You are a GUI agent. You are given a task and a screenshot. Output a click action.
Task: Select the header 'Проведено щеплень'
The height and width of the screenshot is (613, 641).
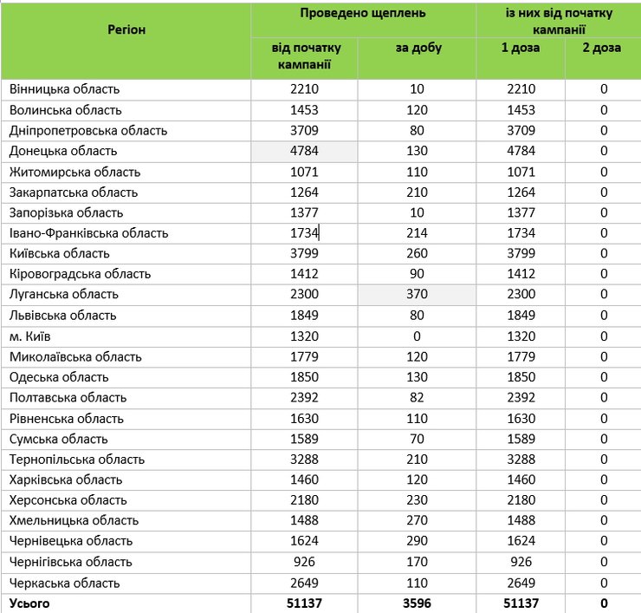[x=363, y=14]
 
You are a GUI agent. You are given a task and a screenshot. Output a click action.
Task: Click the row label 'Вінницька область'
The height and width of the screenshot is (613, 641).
[x=64, y=89]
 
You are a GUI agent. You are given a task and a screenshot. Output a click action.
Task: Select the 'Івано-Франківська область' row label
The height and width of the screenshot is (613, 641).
[x=88, y=233]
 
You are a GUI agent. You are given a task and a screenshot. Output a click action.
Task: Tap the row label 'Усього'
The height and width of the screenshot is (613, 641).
[x=29, y=603]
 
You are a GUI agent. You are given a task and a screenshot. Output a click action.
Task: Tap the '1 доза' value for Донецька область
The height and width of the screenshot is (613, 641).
[x=520, y=151]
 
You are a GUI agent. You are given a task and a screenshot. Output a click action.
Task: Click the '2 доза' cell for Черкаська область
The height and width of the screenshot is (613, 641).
[x=603, y=583]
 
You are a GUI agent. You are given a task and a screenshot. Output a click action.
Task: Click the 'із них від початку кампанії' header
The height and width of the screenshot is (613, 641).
[x=558, y=21]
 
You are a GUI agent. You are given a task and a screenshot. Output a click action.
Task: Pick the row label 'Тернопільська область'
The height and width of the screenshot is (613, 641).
[x=77, y=460]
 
